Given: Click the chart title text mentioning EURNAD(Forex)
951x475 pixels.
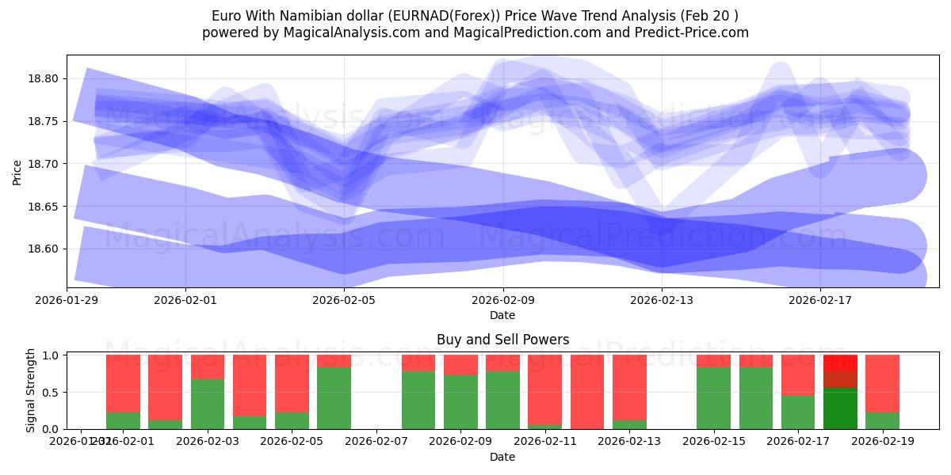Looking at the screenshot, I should (475, 16).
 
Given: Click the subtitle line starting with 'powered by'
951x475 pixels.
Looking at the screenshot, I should (475, 32).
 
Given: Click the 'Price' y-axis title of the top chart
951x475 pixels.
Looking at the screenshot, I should (17, 171).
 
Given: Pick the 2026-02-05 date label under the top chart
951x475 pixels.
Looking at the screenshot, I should (344, 300).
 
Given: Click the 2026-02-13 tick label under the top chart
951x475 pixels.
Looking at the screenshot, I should (663, 300).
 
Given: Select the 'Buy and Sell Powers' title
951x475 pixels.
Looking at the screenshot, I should (502, 340).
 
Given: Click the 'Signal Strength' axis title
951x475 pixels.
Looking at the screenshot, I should (30, 390).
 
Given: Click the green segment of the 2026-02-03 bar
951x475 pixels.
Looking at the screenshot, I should (208, 404).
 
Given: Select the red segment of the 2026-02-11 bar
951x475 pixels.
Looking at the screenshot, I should (544, 389).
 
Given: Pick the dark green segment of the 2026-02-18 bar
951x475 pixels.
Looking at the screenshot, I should (840, 408).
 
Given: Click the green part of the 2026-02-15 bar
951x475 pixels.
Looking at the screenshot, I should (713, 398).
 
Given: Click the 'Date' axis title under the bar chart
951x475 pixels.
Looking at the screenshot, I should (502, 457).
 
